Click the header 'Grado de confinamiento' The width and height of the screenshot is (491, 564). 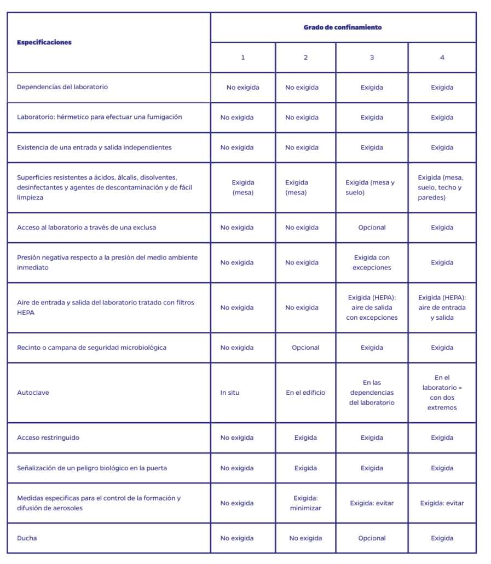click(343, 27)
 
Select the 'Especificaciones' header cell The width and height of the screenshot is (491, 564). click(44, 42)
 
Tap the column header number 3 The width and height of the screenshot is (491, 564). click(372, 57)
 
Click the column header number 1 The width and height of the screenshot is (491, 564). click(243, 57)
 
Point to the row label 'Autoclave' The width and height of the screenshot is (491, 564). click(33, 393)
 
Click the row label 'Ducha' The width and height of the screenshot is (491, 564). click(27, 538)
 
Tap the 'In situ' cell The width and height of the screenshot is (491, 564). click(230, 393)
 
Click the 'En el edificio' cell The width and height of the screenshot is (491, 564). click(305, 393)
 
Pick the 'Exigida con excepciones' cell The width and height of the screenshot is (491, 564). click(372, 263)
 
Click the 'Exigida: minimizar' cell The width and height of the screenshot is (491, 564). click(305, 503)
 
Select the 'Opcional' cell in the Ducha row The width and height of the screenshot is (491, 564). click(372, 538)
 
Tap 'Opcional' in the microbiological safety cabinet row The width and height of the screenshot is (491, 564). click(305, 348)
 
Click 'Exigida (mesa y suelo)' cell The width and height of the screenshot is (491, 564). click(370, 188)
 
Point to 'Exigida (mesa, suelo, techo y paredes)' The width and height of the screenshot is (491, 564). click(442, 187)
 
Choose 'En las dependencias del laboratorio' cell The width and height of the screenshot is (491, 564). click(372, 393)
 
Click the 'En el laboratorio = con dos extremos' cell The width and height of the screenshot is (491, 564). click(442, 393)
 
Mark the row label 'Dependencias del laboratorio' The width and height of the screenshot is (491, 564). click(62, 87)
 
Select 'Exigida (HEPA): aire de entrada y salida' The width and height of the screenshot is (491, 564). click(442, 308)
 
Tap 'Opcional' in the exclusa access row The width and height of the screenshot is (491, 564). click(372, 228)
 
